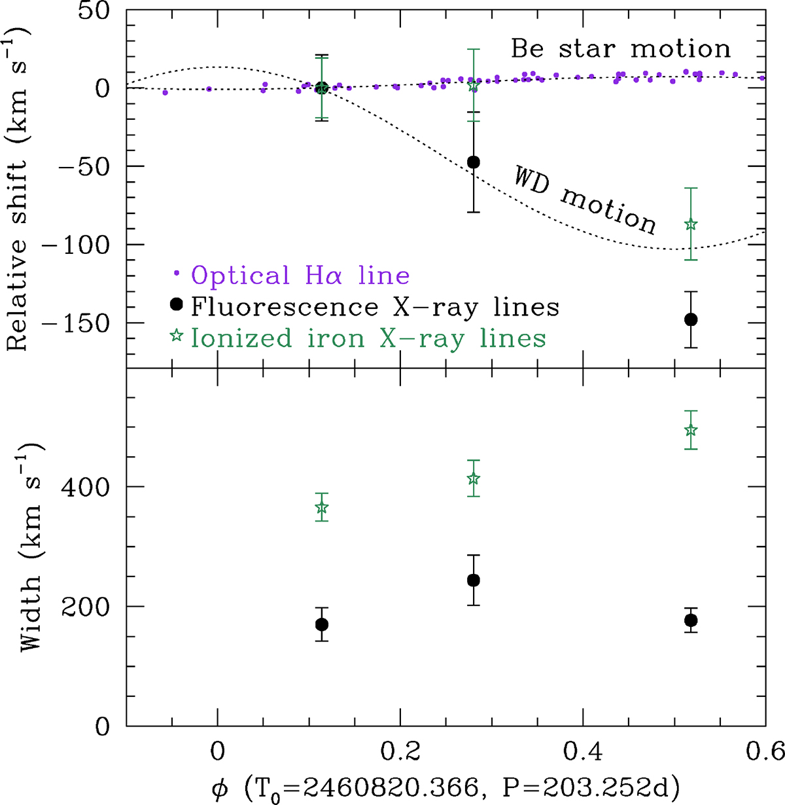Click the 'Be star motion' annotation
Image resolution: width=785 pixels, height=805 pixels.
coord(620,49)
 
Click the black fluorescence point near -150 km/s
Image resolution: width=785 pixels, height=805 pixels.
coord(690,319)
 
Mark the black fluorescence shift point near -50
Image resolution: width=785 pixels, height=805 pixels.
coord(474,162)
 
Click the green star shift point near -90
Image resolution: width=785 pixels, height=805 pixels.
coord(690,224)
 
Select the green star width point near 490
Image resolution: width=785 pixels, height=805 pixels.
coord(690,430)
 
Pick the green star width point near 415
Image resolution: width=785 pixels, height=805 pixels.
coord(474,478)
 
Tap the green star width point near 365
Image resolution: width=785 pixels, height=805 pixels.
coord(321,507)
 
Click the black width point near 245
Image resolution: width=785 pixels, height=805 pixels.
coord(474,580)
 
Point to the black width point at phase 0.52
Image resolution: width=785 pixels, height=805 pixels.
coord(690,620)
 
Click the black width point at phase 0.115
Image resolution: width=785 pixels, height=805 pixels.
coord(321,624)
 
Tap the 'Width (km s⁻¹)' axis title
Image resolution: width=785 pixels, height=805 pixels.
coord(31,547)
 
